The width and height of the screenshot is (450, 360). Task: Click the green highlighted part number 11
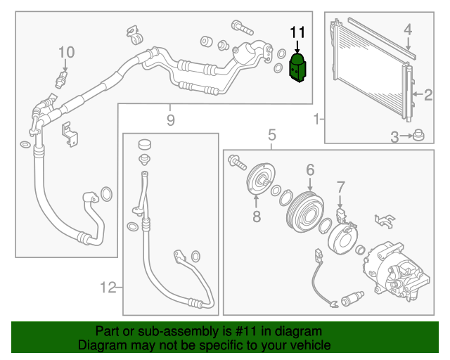297,67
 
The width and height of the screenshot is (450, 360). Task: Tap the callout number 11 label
297,32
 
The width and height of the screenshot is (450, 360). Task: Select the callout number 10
67,53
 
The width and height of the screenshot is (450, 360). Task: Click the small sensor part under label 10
62,80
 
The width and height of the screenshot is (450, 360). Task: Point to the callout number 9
170,120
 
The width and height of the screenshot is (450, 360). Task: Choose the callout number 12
108,288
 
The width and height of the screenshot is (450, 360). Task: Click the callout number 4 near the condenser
408,30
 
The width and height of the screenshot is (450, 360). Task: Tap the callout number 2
428,95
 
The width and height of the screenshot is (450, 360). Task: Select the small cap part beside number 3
418,135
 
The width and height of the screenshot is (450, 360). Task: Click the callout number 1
316,119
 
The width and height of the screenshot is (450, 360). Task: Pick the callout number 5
272,134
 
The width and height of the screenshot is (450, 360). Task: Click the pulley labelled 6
305,211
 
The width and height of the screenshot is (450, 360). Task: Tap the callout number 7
340,187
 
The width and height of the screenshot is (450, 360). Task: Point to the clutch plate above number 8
261,180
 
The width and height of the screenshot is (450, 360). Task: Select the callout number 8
257,216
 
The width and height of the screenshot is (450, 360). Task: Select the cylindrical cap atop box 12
145,144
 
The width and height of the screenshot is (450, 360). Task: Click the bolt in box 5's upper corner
238,162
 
